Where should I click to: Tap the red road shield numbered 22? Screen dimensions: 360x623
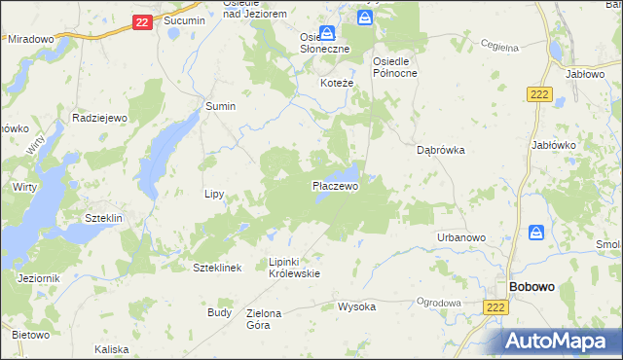click(x=141, y=21)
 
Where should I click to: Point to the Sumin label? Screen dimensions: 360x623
click(x=220, y=106)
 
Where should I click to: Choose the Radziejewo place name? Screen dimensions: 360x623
click(x=100, y=117)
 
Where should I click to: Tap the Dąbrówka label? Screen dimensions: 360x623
click(x=441, y=151)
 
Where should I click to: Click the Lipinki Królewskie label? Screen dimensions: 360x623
click(x=294, y=268)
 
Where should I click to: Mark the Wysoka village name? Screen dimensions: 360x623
click(x=356, y=306)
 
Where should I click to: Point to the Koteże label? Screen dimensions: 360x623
click(x=337, y=84)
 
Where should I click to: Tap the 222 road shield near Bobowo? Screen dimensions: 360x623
click(x=495, y=306)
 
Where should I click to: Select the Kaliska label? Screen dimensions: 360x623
click(x=112, y=348)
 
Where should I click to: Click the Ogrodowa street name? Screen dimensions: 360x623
click(x=437, y=303)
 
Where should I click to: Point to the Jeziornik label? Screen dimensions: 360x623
click(x=39, y=278)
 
